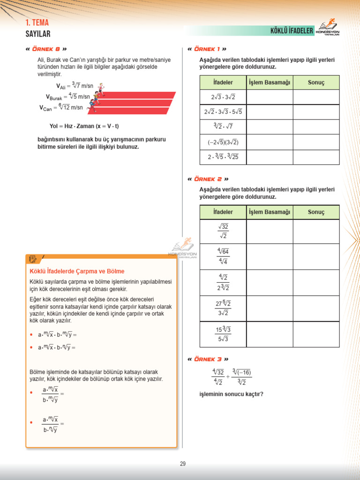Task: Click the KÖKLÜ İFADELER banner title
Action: coord(292,31)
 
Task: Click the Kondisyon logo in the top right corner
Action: coord(328,29)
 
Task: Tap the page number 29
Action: coord(183,464)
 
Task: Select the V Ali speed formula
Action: coord(75,86)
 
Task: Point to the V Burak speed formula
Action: coord(68,97)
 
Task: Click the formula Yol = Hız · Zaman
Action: coord(84,126)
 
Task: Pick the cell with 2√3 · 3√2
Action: coord(223,97)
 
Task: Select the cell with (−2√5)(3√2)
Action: coord(223,142)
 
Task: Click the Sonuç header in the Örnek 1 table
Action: coord(316,82)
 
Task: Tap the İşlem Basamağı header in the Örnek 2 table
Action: coord(270,212)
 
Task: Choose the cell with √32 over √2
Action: coord(223,231)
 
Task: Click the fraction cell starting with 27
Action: coord(223,308)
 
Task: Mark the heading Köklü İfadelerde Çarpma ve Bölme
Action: coord(77,271)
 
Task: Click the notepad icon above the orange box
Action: coord(33,259)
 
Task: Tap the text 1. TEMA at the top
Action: coord(37,23)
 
